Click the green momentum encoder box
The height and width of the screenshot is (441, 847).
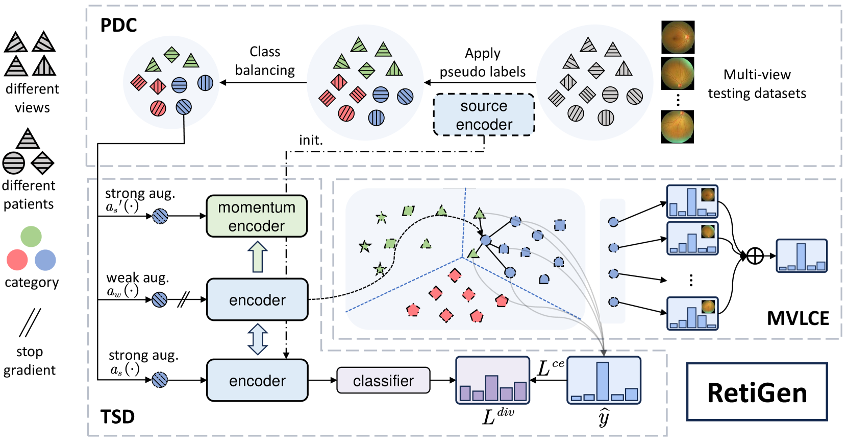click(257, 216)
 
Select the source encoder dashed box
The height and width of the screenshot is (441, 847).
click(484, 115)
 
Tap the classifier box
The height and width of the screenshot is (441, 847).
click(383, 380)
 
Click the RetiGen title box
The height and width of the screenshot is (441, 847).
click(757, 392)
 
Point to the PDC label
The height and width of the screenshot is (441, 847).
click(118, 26)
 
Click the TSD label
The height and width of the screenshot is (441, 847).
click(117, 417)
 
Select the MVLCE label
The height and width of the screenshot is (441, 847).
click(798, 318)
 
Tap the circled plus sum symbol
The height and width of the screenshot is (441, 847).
click(755, 256)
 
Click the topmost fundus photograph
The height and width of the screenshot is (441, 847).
click(678, 37)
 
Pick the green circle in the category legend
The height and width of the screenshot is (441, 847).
click(31, 237)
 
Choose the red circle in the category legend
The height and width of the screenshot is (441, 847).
click(17, 260)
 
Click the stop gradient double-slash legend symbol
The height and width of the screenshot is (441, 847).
click(30, 323)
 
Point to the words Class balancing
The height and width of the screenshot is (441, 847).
click(265, 61)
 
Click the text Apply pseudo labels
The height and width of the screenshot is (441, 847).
click(483, 62)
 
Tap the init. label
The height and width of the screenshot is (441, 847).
click(311, 140)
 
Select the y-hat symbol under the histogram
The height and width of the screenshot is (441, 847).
click(604, 417)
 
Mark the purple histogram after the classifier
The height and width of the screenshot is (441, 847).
click(492, 380)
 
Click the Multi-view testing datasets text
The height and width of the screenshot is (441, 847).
click(757, 84)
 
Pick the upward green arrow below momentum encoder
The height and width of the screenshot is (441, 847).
click(257, 257)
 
